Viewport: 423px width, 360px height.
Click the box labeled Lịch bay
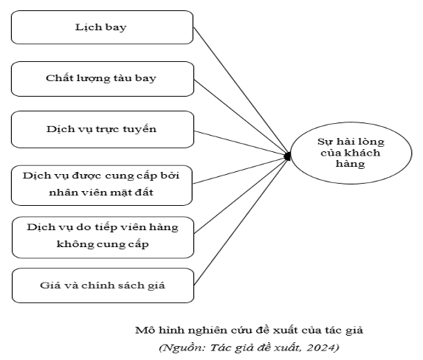click(102, 27)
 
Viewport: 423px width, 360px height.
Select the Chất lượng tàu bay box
click(103, 79)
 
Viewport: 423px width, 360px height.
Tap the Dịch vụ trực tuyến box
click(103, 129)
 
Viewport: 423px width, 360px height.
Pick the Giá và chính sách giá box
click(103, 285)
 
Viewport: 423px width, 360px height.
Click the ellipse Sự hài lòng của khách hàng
click(351, 153)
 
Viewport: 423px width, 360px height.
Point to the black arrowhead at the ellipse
click(288, 156)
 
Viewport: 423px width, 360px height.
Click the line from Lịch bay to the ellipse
click(241, 91)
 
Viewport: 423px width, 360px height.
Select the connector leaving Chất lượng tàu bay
click(241, 117)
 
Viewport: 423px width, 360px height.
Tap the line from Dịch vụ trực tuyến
click(241, 143)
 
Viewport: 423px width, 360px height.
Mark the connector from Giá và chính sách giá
click(241, 221)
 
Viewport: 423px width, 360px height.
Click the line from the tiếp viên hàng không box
click(241, 195)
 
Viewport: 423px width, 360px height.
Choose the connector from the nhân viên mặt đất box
click(240, 170)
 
